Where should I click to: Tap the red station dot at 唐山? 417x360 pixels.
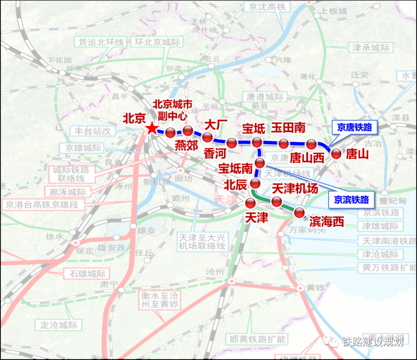[336, 154]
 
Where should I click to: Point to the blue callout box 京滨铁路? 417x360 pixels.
[352, 199]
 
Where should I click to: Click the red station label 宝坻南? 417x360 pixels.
[236, 169]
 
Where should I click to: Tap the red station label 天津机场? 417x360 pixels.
[295, 188]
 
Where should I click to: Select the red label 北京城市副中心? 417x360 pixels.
[173, 110]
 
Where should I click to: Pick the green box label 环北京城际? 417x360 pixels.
[156, 42]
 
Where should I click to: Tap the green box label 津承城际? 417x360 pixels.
[371, 48]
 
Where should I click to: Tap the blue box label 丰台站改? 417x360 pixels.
[93, 131]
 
